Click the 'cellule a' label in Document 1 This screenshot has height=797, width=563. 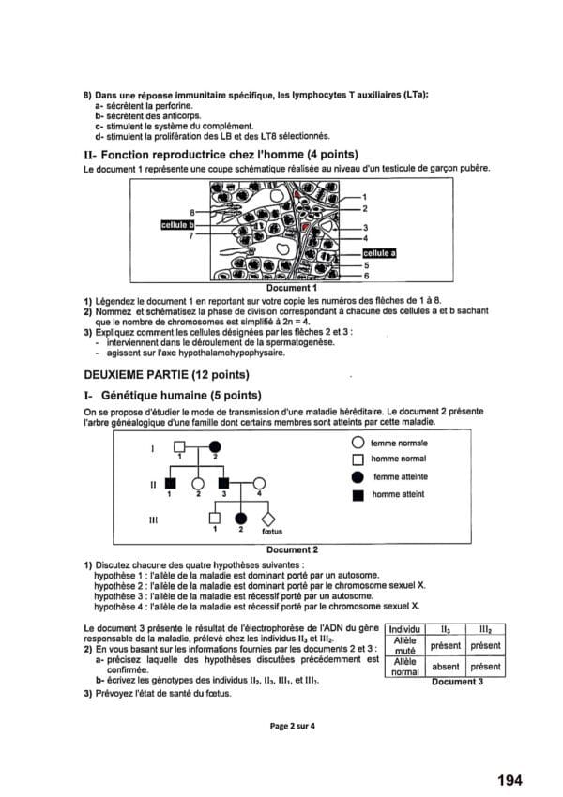[380, 252]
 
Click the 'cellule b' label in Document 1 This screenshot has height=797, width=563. [178, 225]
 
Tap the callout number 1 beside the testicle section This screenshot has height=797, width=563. [364, 197]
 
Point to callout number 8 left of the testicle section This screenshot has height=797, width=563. [191, 214]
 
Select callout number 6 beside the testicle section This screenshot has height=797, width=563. [365, 277]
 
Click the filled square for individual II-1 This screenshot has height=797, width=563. [170, 483]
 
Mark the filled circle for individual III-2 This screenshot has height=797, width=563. [241, 518]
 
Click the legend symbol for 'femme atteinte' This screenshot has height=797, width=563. [357, 476]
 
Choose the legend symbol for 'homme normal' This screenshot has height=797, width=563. [357, 459]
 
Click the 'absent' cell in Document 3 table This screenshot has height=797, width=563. [446, 667]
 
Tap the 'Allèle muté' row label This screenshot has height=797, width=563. [404, 645]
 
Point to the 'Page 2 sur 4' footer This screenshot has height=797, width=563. [292, 725]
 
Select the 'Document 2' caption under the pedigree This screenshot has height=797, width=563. [292, 549]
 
